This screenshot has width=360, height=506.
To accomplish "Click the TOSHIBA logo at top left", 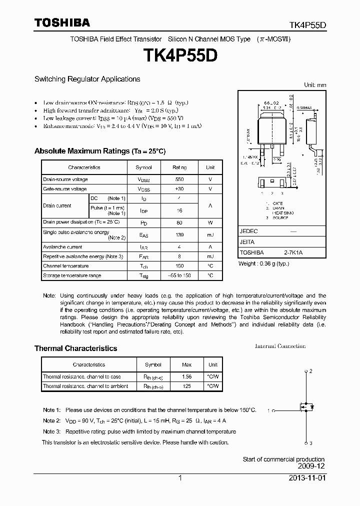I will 62,22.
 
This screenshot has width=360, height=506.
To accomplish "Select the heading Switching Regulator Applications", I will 87,79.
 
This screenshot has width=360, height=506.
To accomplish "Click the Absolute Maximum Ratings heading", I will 99,151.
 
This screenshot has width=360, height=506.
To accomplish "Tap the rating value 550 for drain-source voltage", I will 179,179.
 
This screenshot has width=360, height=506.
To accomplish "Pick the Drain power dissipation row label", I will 81,221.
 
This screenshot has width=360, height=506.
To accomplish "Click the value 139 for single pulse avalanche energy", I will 179,234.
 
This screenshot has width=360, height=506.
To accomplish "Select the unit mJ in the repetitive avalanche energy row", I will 210,256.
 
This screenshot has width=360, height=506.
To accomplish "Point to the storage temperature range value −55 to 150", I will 179,275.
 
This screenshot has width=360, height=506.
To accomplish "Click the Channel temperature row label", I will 65,266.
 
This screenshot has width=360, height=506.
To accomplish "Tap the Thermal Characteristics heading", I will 75,348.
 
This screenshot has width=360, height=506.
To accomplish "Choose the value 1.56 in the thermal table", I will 186,376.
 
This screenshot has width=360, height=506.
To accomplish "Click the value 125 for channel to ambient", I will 186,386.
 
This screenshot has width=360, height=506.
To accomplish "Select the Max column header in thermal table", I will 186,364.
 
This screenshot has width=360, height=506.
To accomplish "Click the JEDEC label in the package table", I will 248,232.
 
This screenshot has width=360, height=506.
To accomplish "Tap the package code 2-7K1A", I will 293,253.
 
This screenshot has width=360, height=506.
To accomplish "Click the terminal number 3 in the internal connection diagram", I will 310,443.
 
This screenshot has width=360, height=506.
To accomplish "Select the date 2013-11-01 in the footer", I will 306,478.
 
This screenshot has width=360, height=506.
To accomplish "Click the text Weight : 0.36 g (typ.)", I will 264,263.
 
